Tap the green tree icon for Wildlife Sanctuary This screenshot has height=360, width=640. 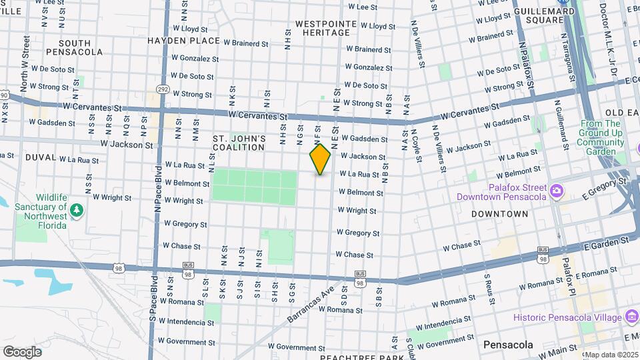point(77,211)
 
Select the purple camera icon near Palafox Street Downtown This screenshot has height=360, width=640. point(555,193)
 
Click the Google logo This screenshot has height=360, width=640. point(22,352)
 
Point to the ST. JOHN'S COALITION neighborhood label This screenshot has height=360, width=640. point(239,143)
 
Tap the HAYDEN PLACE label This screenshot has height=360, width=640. point(184,41)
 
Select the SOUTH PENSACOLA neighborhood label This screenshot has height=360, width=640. point(75,47)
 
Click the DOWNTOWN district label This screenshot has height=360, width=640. point(499,214)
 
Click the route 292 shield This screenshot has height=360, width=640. point(163,88)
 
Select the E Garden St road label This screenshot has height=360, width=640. point(607,240)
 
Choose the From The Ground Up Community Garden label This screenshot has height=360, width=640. point(601,137)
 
